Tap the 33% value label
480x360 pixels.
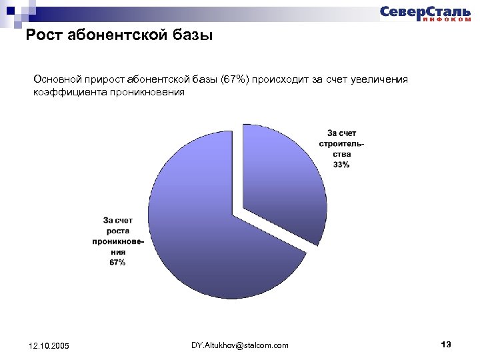tap(341, 165)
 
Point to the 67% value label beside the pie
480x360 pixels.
tap(117, 263)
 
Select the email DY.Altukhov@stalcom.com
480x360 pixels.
tap(240, 345)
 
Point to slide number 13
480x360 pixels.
tap(447, 344)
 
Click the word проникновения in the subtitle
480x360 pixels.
tap(143, 93)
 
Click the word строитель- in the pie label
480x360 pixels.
tap(341, 143)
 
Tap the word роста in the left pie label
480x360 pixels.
tap(117, 231)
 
